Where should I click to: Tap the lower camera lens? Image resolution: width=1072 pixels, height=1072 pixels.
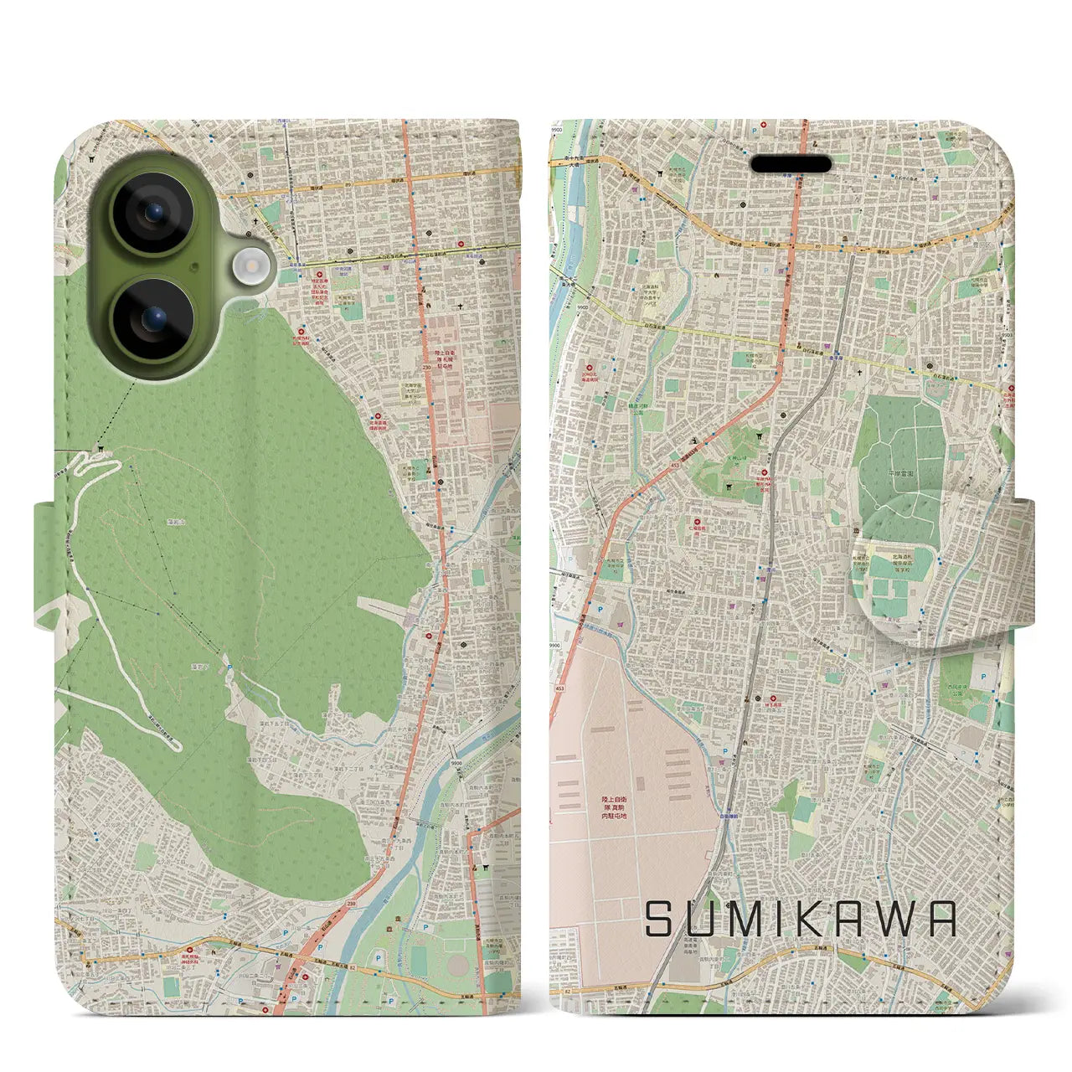click(x=153, y=318)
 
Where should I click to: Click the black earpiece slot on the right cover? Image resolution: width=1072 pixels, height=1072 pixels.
click(x=791, y=164)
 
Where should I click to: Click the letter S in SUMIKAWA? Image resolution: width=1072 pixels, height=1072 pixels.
click(x=659, y=919)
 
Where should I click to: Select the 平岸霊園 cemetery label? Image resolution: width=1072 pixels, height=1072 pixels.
click(x=899, y=473)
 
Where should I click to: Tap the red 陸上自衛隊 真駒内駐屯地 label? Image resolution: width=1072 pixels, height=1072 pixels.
click(x=614, y=807)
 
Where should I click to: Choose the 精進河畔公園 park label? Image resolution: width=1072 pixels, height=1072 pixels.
click(x=642, y=409)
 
